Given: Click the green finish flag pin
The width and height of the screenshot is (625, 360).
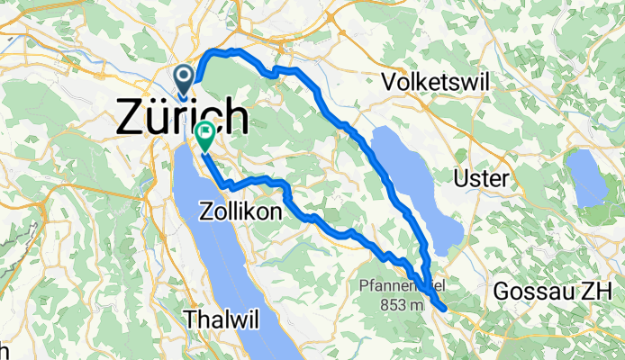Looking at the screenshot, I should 205,136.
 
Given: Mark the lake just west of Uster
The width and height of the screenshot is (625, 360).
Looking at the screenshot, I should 417,184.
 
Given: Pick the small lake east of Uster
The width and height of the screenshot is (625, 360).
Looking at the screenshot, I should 586,175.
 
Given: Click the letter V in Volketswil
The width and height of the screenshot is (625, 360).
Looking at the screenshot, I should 389,83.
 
